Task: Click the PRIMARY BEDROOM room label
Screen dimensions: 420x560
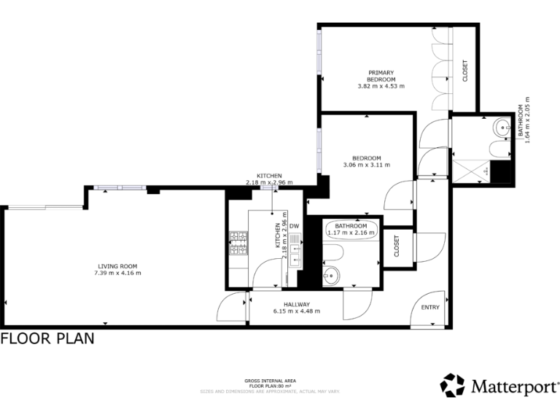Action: click(381, 76)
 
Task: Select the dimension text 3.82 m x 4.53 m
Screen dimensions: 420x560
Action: click(381, 86)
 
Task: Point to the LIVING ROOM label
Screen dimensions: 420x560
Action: click(117, 265)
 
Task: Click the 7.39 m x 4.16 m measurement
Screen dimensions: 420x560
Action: click(117, 273)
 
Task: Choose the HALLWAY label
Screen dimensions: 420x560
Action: click(297, 304)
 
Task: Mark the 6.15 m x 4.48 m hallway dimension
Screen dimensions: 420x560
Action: click(297, 311)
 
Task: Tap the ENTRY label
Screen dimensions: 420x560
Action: click(430, 307)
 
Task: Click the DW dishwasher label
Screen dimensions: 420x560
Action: click(295, 226)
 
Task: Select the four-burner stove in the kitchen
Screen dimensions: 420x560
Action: click(239, 244)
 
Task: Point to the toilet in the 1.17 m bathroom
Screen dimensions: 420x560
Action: click(334, 252)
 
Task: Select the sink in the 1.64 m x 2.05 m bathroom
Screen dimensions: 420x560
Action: click(502, 128)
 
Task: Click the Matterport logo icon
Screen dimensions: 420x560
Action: click(452, 385)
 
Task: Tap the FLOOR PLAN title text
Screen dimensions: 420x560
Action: click(47, 339)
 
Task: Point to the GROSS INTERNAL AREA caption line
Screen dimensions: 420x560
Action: click(269, 381)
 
